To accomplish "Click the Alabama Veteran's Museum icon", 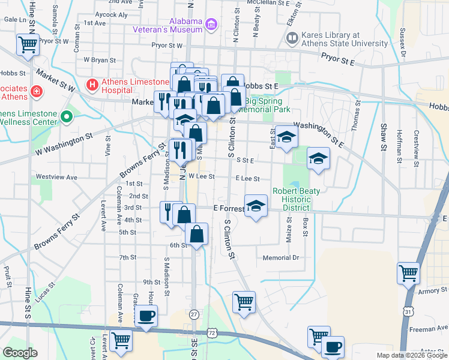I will coord(211,25).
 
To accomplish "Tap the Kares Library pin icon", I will coord(292,39).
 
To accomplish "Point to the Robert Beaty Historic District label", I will coord(297,199).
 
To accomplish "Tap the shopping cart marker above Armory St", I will coord(408,273).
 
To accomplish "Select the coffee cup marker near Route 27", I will coord(145,316).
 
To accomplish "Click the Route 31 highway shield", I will coord(408,311).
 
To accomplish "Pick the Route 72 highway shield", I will coord(211,332).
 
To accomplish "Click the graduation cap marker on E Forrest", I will coord(256,206).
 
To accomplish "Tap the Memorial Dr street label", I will coord(280,258).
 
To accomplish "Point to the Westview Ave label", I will coord(56,178).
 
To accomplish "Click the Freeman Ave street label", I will coord(429,329).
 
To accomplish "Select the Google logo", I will coord(19,353).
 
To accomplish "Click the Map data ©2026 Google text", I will coord(411,355).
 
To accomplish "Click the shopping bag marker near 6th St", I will coord(196,235).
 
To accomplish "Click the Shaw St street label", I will coord(382,137).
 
